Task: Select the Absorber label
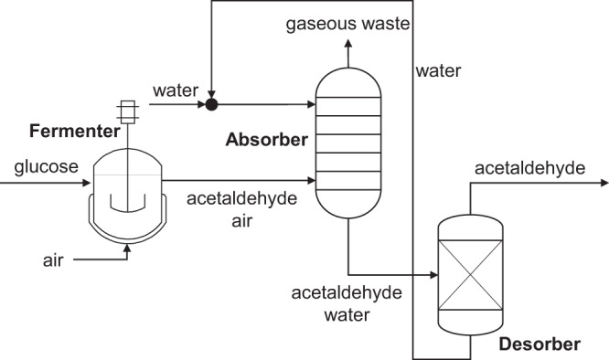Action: (x=266, y=141)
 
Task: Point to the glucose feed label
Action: (x=46, y=166)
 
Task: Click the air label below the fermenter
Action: (x=54, y=259)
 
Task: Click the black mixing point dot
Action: (x=212, y=105)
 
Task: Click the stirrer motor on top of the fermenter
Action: (x=127, y=112)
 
